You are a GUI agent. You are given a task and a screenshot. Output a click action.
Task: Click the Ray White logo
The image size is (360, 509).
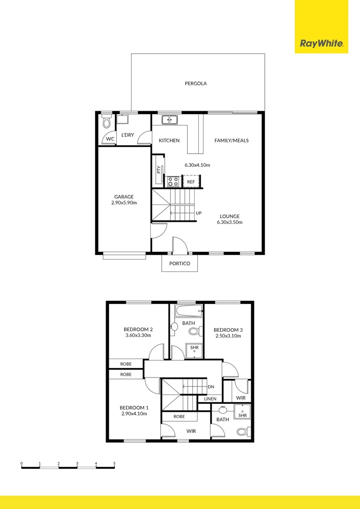tap(321, 44)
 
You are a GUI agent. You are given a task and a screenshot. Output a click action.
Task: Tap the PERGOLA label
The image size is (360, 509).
tap(196, 83)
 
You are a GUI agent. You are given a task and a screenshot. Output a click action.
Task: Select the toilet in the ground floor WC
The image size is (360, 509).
tap(106, 123)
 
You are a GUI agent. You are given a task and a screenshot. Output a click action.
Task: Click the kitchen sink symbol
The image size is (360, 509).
tap(169, 120)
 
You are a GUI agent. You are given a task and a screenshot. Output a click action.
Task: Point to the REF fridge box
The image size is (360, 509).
tap(191, 181)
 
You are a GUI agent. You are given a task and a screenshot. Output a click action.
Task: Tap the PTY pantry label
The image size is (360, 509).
tap(158, 170)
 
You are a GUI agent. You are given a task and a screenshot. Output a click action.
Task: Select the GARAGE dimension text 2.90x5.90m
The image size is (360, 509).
tap(124, 203)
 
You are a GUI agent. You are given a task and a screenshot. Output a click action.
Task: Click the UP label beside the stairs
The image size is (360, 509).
tap(198, 213)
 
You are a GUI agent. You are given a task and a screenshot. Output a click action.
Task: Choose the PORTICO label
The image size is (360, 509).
tap(180, 263)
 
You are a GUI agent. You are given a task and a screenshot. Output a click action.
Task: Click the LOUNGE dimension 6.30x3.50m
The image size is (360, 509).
tap(229, 222)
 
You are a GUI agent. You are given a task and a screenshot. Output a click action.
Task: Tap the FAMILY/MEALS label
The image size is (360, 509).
tap(231, 140)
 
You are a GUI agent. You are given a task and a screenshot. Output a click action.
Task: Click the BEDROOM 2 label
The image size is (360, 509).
tap(138, 329)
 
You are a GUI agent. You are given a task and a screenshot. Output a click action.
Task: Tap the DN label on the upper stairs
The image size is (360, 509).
tap(211, 387)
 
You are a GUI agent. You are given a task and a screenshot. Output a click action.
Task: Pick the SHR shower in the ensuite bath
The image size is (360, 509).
tap(243, 413)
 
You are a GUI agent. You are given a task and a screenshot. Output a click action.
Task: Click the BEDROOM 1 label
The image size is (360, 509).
tap(134, 408)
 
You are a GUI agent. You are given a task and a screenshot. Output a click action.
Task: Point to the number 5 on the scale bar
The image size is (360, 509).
tap(114, 464)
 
